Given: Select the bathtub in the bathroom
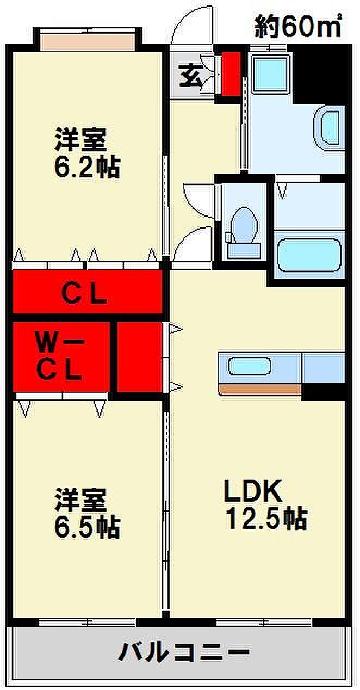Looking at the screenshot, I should [309, 255].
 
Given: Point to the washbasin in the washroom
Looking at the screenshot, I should [330, 128].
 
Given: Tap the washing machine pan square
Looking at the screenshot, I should [271, 74].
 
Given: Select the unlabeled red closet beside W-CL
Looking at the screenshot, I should [140, 357].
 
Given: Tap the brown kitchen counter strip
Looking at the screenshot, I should [260, 389].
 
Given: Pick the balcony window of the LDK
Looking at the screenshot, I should [263, 621].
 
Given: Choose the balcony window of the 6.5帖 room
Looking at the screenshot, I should [87, 621].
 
